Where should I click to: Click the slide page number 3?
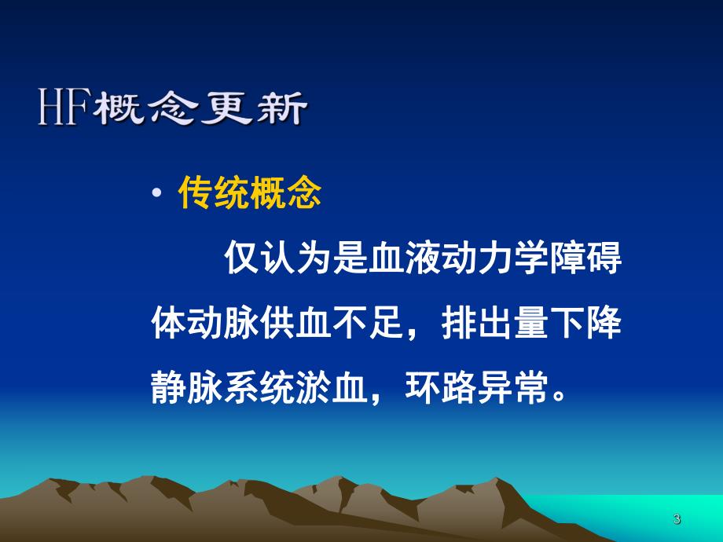[677, 519]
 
